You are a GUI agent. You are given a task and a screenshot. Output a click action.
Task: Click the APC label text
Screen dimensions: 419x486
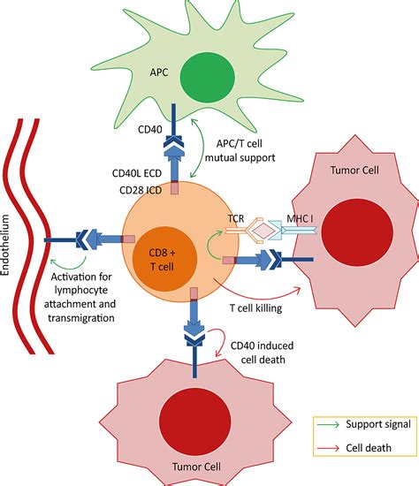pyautogui.click(x=159, y=72)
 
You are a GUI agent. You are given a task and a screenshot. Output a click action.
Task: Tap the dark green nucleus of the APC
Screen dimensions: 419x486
pyautogui.click(x=207, y=77)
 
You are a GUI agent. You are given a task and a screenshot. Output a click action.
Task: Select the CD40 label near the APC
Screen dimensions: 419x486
pyautogui.click(x=149, y=129)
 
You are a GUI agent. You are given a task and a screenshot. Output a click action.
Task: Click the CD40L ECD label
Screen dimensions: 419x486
pyautogui.click(x=137, y=173)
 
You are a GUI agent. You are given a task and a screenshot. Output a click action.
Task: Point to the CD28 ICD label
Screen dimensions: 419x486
pyautogui.click(x=141, y=190)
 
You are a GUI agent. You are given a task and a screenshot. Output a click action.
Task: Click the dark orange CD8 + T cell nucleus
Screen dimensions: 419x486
pyautogui.click(x=164, y=259)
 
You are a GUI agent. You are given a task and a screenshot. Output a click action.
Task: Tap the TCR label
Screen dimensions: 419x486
pyautogui.click(x=236, y=219)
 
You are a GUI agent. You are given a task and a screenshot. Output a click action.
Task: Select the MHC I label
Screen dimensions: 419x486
pyautogui.click(x=300, y=219)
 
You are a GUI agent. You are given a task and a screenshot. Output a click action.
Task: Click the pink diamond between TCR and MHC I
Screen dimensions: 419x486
pyautogui.click(x=263, y=231)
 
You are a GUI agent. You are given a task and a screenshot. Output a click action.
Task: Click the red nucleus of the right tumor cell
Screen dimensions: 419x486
pyautogui.click(x=357, y=232)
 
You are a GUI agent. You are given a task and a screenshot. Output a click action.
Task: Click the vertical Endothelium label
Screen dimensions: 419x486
pyautogui.click(x=5, y=245)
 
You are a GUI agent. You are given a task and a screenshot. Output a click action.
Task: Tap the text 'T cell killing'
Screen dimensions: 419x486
pyautogui.click(x=255, y=308)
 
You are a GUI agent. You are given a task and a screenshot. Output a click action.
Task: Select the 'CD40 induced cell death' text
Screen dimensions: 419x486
pyautogui.click(x=263, y=353)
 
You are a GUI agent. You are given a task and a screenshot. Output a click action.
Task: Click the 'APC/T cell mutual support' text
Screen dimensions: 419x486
pyautogui.click(x=240, y=150)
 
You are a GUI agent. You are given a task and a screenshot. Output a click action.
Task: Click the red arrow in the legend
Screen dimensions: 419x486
pyautogui.click(x=329, y=448)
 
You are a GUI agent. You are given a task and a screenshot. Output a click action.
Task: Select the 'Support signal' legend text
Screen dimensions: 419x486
pyautogui.click(x=378, y=424)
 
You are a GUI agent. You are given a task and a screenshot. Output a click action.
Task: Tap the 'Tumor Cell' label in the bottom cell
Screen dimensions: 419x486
pyautogui.click(x=196, y=467)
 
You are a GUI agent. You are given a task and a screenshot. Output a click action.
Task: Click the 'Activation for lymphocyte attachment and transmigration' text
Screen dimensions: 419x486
pyautogui.click(x=80, y=297)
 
